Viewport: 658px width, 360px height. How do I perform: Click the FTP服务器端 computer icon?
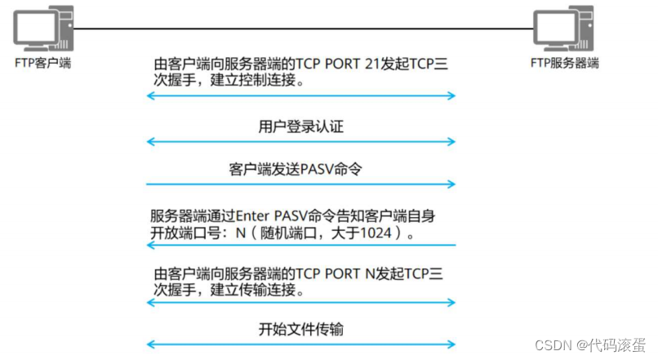pos(562,29)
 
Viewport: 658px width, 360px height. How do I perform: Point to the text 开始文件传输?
pos(300,330)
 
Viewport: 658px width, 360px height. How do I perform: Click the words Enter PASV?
pos(264,216)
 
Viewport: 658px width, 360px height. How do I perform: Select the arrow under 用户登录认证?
pos(300,142)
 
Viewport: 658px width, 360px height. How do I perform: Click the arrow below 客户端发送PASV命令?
pos(300,184)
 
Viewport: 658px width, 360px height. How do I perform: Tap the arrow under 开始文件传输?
pos(300,344)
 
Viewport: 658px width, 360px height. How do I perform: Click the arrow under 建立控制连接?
pos(300,96)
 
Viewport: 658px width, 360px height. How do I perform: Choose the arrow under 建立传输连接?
pos(300,303)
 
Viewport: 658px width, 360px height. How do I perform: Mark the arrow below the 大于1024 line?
pos(300,245)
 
